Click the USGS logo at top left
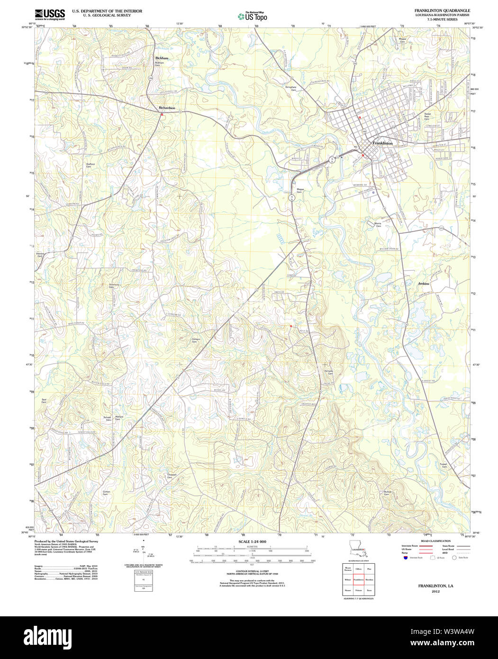(x=49, y=13)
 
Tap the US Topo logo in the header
(x=252, y=16)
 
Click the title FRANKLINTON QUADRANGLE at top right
(x=442, y=10)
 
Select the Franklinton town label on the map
(x=382, y=143)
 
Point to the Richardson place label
(x=167, y=108)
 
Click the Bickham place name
(x=162, y=58)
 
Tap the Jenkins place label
(x=424, y=284)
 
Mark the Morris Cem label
(x=378, y=224)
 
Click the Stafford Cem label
(x=91, y=165)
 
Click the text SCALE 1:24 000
(x=252, y=541)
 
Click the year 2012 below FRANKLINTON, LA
(x=435, y=592)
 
